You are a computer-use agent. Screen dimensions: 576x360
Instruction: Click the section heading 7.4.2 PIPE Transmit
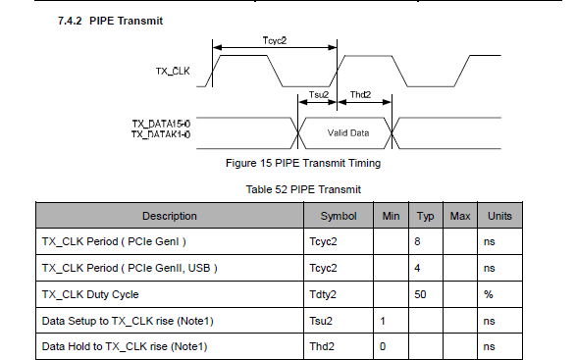(x=110, y=21)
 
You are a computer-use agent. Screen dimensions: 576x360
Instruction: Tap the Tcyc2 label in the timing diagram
(x=275, y=40)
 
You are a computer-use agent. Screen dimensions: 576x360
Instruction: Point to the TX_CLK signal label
(x=173, y=71)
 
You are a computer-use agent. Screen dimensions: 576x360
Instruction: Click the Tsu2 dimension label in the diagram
(x=319, y=95)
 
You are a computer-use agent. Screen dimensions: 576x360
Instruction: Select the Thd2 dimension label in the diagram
(x=360, y=95)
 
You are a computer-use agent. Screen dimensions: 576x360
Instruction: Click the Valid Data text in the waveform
(x=348, y=133)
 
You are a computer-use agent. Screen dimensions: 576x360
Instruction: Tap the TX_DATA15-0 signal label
(x=161, y=124)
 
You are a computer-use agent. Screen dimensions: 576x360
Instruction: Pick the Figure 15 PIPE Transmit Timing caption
(x=303, y=163)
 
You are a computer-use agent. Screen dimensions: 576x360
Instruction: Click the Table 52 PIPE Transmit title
(x=303, y=189)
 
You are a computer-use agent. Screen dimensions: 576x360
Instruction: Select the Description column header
(x=170, y=216)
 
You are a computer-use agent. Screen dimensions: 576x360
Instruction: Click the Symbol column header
(x=339, y=216)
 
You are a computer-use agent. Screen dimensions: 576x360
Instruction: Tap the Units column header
(x=499, y=216)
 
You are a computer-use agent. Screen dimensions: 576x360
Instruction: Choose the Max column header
(x=460, y=216)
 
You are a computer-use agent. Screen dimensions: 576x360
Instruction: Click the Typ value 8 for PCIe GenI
(x=417, y=241)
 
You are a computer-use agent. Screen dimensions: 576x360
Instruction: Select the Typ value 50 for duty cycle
(x=420, y=294)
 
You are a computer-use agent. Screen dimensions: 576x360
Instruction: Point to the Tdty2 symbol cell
(x=323, y=294)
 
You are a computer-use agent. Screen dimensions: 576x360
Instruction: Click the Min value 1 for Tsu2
(x=383, y=321)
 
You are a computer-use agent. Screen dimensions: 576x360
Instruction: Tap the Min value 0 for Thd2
(x=383, y=347)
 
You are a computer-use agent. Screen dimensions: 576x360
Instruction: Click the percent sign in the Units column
(x=489, y=294)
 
